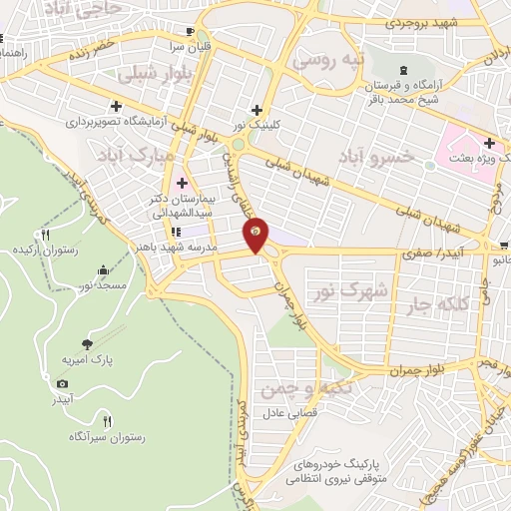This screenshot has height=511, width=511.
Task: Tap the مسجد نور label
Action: tap(103, 286)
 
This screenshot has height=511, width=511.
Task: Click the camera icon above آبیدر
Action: tap(63, 384)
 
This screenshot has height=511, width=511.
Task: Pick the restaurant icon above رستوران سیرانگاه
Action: tap(108, 421)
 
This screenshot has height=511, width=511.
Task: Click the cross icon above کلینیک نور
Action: tap(257, 110)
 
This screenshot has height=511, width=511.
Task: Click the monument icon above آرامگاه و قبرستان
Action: tap(402, 69)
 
